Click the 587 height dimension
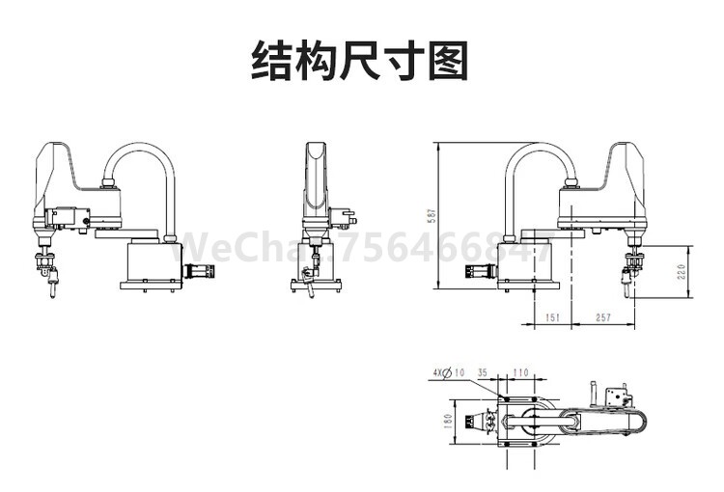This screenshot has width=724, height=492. [432, 217]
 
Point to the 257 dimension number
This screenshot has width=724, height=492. [602, 316]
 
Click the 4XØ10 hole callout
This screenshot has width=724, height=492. [448, 371]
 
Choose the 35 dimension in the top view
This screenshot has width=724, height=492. [483, 371]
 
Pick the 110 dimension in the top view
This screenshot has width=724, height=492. [521, 371]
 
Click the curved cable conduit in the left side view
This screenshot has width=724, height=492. [145, 154]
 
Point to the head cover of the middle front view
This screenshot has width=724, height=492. [315, 178]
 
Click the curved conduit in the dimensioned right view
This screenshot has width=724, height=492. [541, 154]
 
